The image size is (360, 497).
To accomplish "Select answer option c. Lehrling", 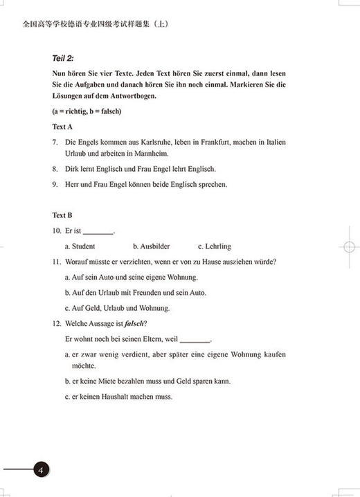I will [214, 246].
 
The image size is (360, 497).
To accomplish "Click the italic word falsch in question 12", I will [133, 324].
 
